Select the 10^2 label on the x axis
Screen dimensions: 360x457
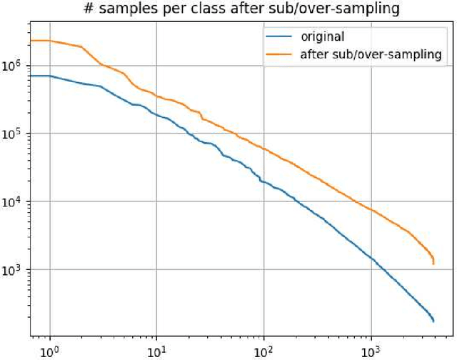point(264,351)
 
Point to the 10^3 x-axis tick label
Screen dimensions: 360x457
point(371,351)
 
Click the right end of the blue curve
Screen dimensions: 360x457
point(433,321)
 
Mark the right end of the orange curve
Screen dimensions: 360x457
point(433,263)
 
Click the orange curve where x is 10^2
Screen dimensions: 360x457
point(264,149)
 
